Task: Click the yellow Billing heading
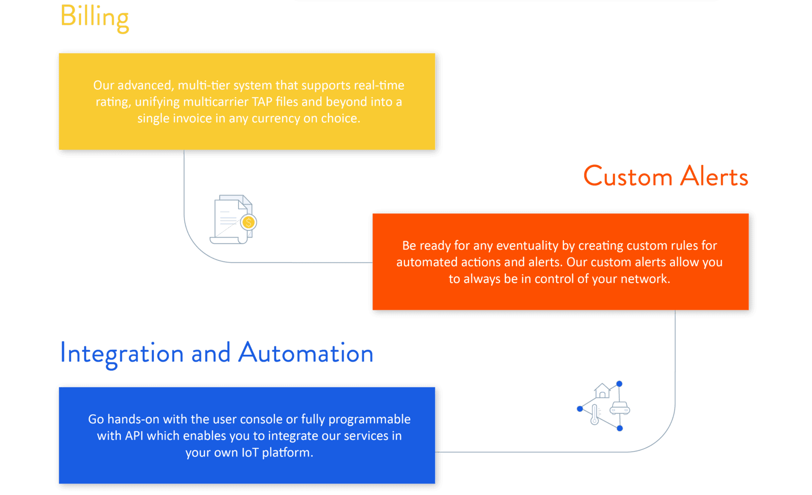(x=94, y=18)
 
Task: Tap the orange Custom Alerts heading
(x=666, y=177)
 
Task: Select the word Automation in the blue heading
(x=306, y=353)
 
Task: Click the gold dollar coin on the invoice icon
(x=249, y=222)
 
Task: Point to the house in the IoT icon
(x=602, y=390)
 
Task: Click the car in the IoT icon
(x=620, y=408)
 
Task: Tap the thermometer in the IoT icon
(x=594, y=414)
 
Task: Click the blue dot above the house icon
(x=620, y=384)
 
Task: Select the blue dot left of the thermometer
(x=580, y=409)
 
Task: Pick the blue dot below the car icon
(x=620, y=428)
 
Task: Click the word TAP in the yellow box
(x=262, y=102)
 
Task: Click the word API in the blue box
(x=134, y=436)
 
